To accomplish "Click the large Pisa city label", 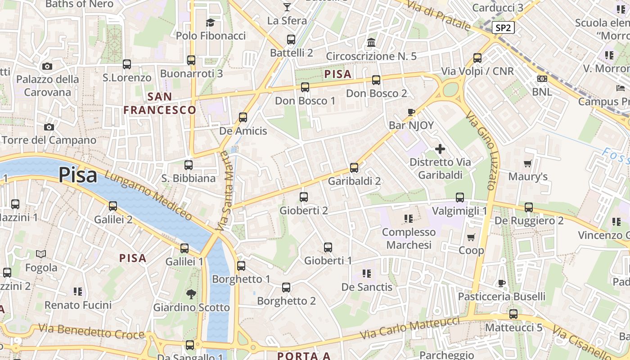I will coord(77,175).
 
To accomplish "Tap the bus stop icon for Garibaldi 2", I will coord(354,168).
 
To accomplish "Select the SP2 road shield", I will coord(503,27).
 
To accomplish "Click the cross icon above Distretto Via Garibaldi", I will coord(440,149).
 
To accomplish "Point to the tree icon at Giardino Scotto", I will coord(191,294).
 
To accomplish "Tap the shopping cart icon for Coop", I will coord(471,237).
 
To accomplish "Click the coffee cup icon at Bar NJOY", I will coord(411,112).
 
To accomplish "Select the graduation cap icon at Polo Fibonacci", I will coord(211,22).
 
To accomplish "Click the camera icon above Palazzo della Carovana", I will coord(47,66).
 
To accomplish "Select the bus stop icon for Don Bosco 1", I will coord(305,87).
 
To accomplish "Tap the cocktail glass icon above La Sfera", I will coord(287,7).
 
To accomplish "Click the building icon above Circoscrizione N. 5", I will coord(372,43).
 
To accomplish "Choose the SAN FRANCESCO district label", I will coord(160,103).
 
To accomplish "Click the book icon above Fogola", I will coord(41,254).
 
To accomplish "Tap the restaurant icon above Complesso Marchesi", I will coord(409,219).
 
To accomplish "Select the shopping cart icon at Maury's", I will coord(528,163).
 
